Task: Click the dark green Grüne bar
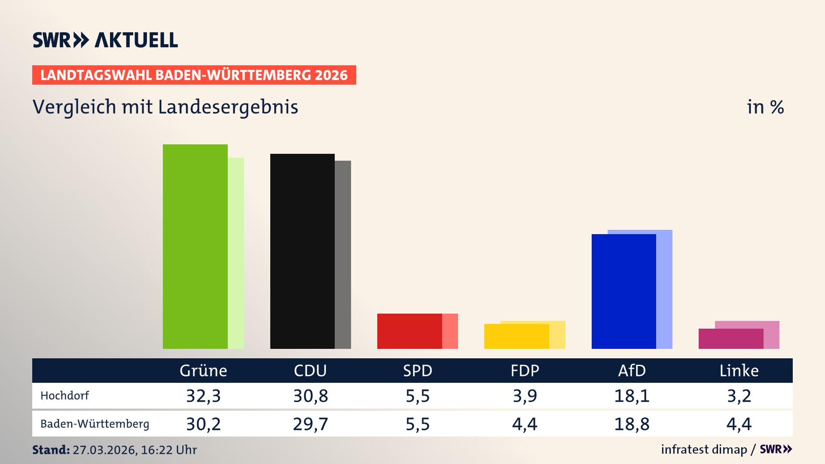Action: [x=195, y=247]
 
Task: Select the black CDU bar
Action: [x=302, y=251]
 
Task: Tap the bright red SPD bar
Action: [x=409, y=331]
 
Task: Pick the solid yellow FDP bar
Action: [x=516, y=336]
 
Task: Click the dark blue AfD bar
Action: [x=623, y=291]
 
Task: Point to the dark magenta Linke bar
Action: [x=730, y=339]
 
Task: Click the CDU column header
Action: [x=310, y=370]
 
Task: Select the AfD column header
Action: [x=632, y=370]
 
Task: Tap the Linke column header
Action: [x=739, y=370]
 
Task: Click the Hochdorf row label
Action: [x=64, y=396]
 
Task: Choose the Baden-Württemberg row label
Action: [x=95, y=424]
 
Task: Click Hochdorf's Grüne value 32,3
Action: [x=203, y=396]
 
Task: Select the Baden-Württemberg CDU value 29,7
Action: [x=310, y=424]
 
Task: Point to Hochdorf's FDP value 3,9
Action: [x=525, y=396]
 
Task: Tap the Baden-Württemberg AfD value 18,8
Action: [x=632, y=424]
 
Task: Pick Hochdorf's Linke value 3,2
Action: [x=739, y=396]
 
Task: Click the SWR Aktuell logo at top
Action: [x=105, y=40]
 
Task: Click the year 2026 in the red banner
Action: [x=331, y=75]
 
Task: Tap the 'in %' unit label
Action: [x=765, y=107]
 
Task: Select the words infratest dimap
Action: [x=704, y=449]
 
